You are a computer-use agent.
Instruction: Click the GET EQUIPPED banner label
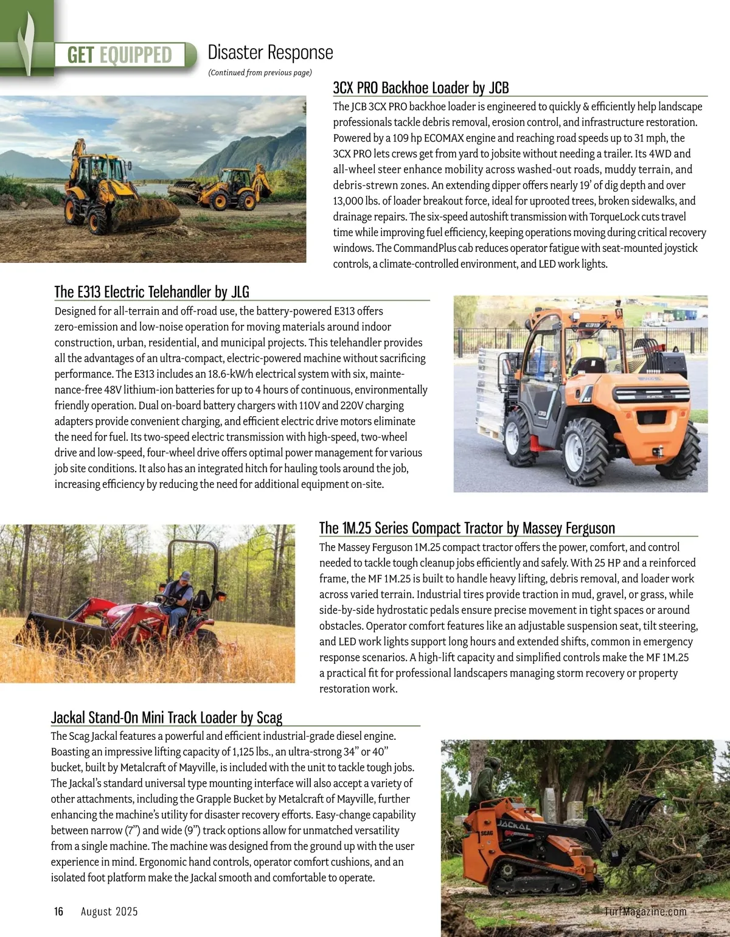(120, 55)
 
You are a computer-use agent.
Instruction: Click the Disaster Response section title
(270, 52)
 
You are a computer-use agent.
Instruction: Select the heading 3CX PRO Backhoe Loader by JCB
(420, 88)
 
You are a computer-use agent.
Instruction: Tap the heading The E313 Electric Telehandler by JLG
(151, 291)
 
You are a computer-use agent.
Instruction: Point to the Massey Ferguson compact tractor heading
(467, 528)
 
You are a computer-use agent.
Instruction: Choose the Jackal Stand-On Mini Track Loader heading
(167, 717)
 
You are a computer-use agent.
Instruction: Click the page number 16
(58, 911)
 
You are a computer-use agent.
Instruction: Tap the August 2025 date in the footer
(109, 911)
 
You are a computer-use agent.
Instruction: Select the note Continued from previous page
(260, 72)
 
